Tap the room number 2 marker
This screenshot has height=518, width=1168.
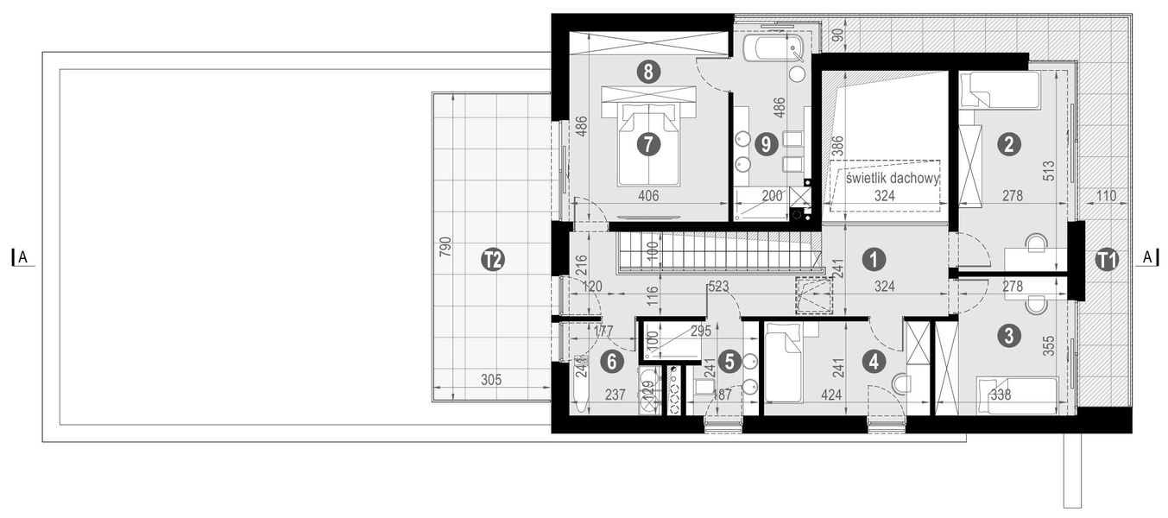coord(1006,144)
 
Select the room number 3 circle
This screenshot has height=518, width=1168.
coord(1006,336)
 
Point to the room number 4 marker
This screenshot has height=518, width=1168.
coord(874,363)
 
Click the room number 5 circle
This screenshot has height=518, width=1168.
coord(729,363)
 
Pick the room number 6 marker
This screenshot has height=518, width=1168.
coord(611,363)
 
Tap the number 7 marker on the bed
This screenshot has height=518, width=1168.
coord(648,144)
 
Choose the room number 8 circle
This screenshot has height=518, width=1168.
coord(648,72)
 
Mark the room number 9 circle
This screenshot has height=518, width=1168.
coord(763,144)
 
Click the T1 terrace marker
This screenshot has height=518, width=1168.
coord(1107,259)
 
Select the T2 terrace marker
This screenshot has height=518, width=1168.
coord(492,259)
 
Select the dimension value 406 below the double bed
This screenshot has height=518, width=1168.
coord(648,197)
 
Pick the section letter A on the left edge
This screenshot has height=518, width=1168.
coord(23,256)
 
